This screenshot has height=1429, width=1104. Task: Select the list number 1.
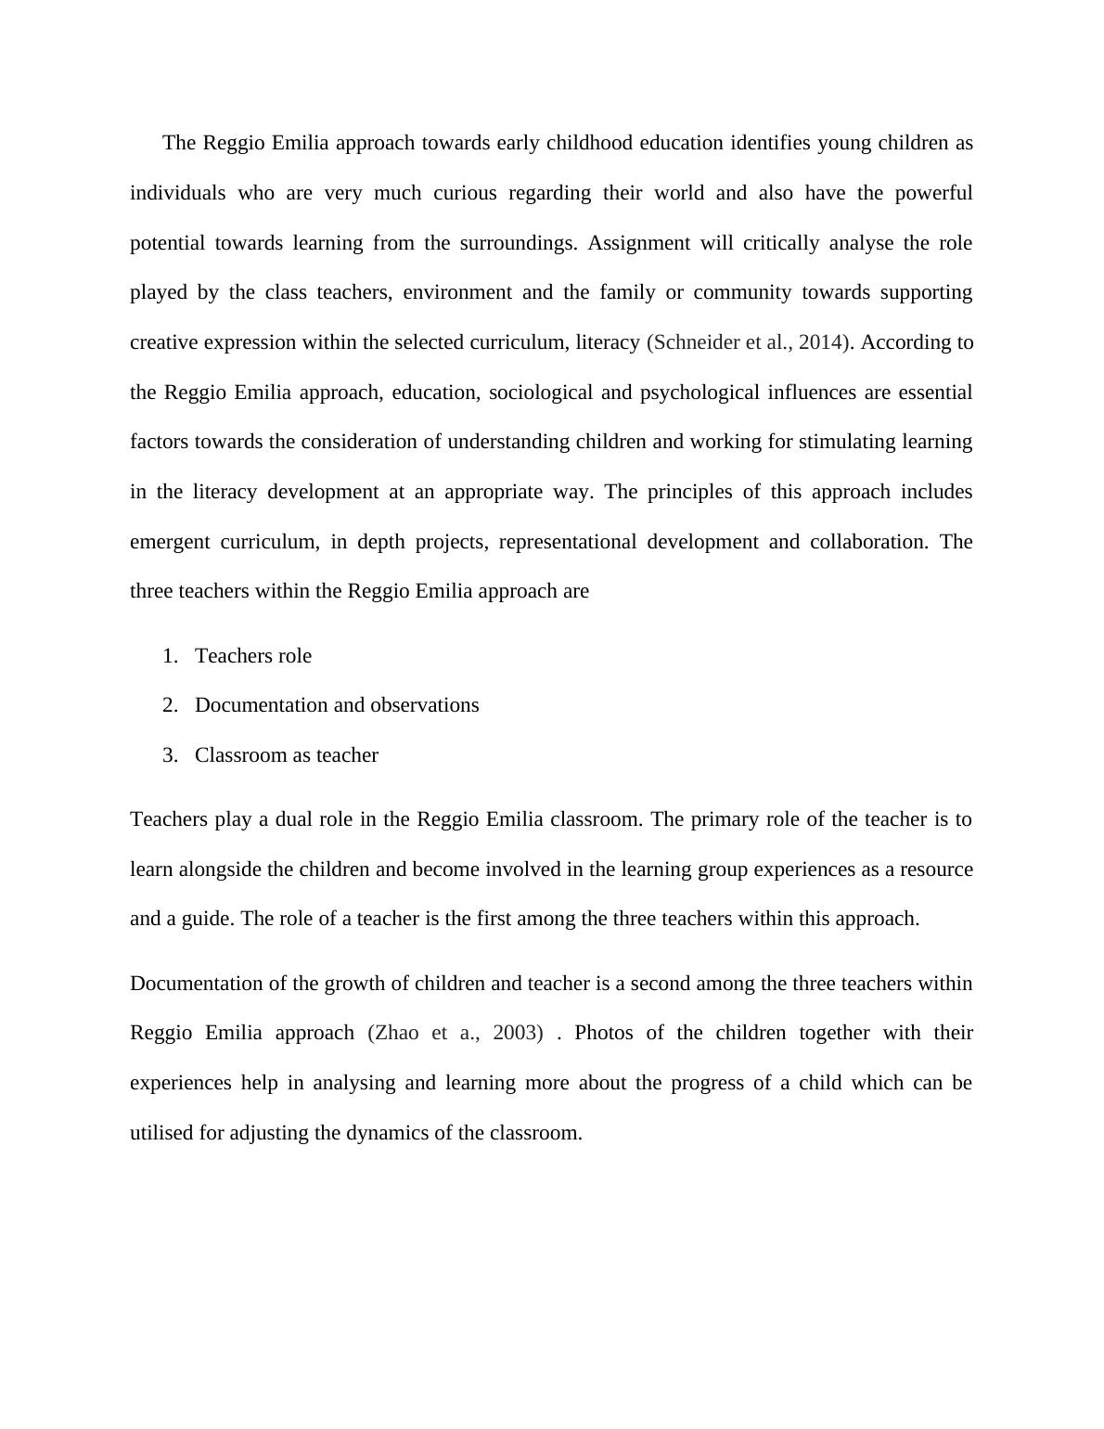pos(169,656)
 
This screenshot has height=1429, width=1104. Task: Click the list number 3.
pos(169,755)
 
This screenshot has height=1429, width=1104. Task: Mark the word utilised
pos(161,1133)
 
